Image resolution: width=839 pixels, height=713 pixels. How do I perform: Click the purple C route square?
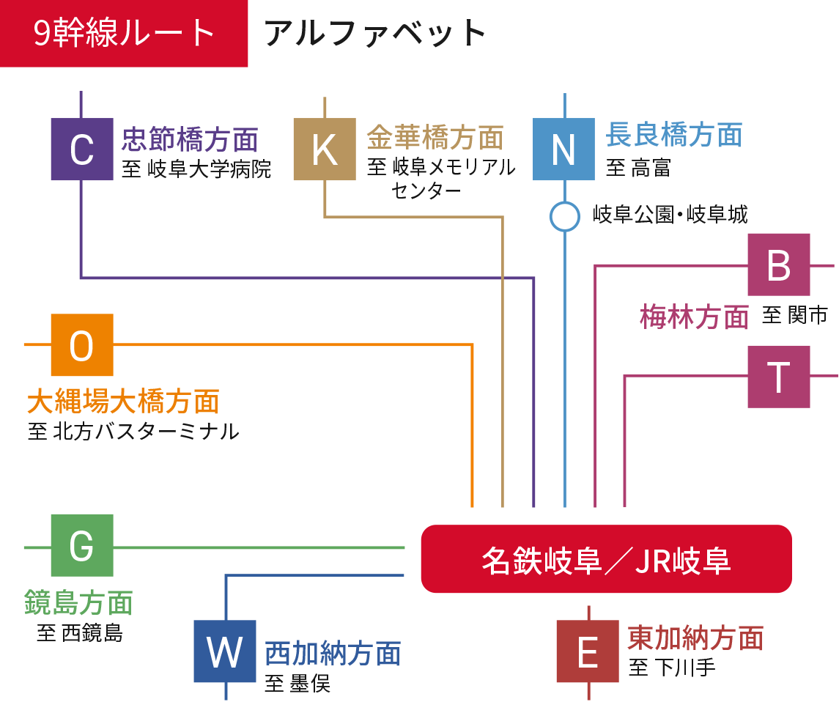[x=82, y=149]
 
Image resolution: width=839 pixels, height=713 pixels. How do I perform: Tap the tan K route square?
[x=325, y=149]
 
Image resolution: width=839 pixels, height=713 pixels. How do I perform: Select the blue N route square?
[x=563, y=149]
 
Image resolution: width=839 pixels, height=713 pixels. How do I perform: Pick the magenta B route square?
[x=778, y=265]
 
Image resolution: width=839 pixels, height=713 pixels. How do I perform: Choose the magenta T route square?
[x=778, y=377]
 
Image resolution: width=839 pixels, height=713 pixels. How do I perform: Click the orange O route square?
[x=82, y=344]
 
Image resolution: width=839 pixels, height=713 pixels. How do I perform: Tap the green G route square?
[x=82, y=545]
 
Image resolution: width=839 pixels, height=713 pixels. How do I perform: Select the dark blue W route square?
[x=225, y=651]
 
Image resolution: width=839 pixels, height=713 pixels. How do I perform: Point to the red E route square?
[x=588, y=651]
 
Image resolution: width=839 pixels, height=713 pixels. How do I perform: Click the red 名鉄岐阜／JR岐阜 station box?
[x=606, y=559]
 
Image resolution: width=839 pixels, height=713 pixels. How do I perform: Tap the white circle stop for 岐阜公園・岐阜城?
[x=564, y=216]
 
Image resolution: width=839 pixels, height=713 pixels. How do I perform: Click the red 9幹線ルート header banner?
[x=124, y=34]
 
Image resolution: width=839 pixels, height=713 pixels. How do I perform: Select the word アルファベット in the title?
[x=375, y=34]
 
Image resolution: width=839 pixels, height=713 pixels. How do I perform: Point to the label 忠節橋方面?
[x=190, y=138]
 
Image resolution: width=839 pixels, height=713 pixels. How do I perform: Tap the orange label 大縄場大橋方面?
[x=123, y=402]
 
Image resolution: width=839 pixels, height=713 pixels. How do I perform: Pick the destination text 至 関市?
[x=794, y=315]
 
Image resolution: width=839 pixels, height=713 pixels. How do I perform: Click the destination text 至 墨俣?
[x=297, y=684]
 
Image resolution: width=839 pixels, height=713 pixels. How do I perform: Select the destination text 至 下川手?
[x=672, y=668]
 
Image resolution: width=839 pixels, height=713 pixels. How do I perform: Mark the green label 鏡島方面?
[x=78, y=602]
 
